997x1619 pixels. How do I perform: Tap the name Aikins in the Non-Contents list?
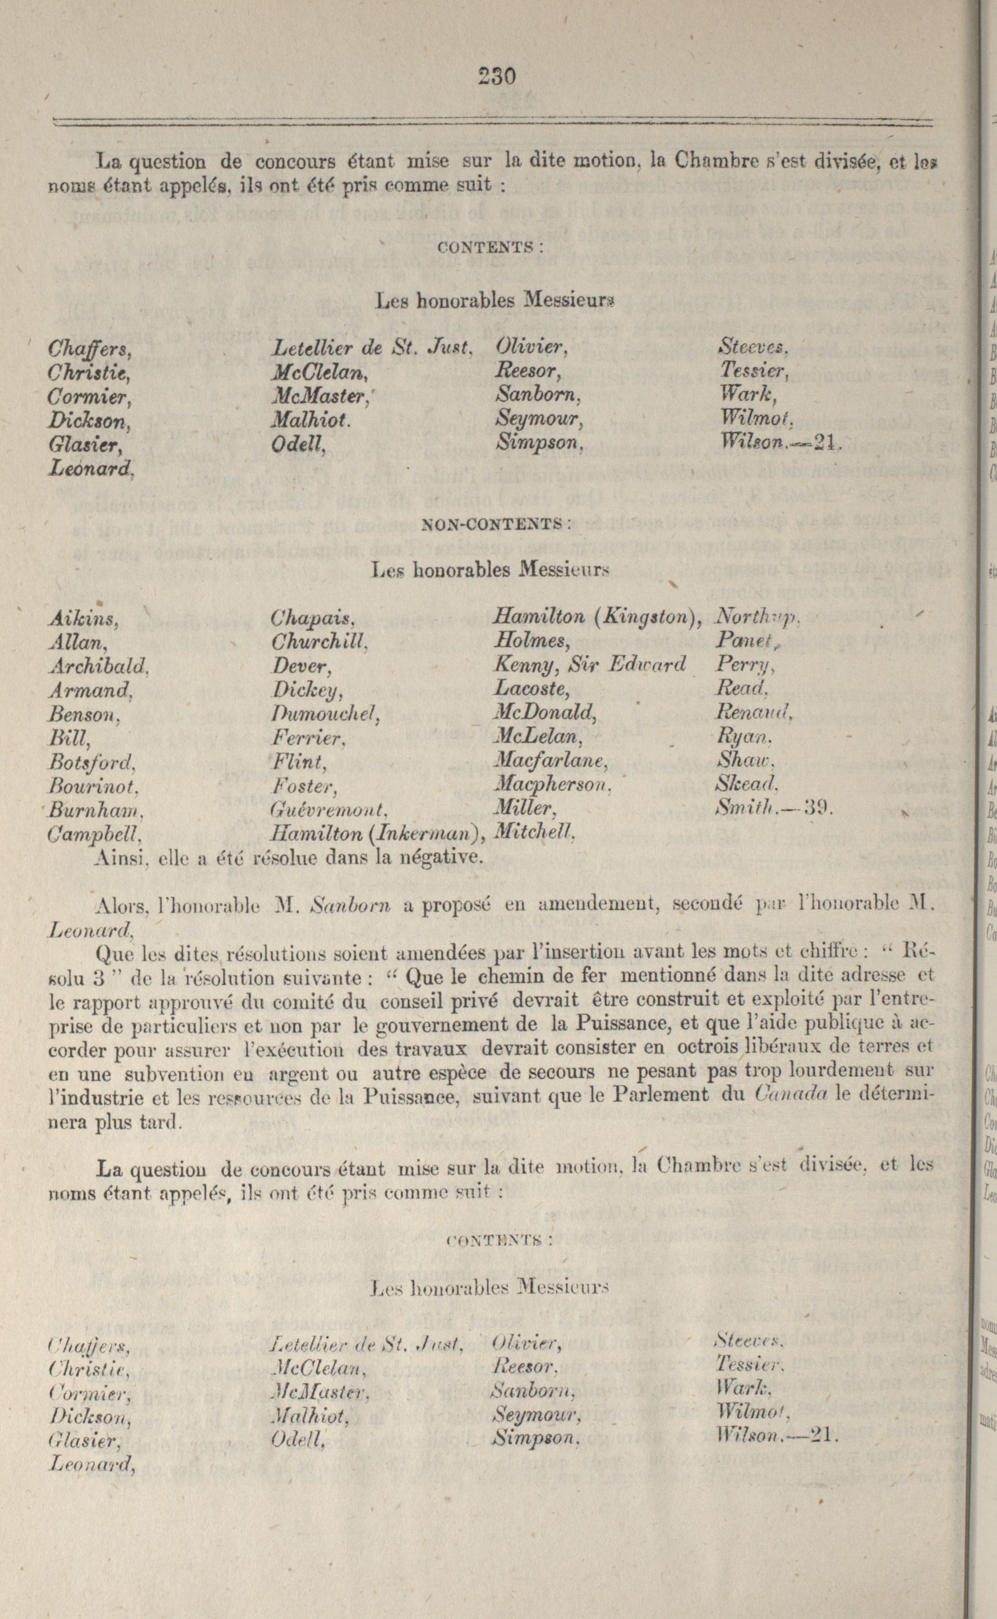[x=83, y=618]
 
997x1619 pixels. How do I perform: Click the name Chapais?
[x=313, y=618]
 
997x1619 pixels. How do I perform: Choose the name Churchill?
[x=318, y=642]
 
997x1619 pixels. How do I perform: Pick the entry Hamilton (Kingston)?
[x=596, y=617]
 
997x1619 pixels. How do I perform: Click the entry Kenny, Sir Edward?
[x=590, y=665]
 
